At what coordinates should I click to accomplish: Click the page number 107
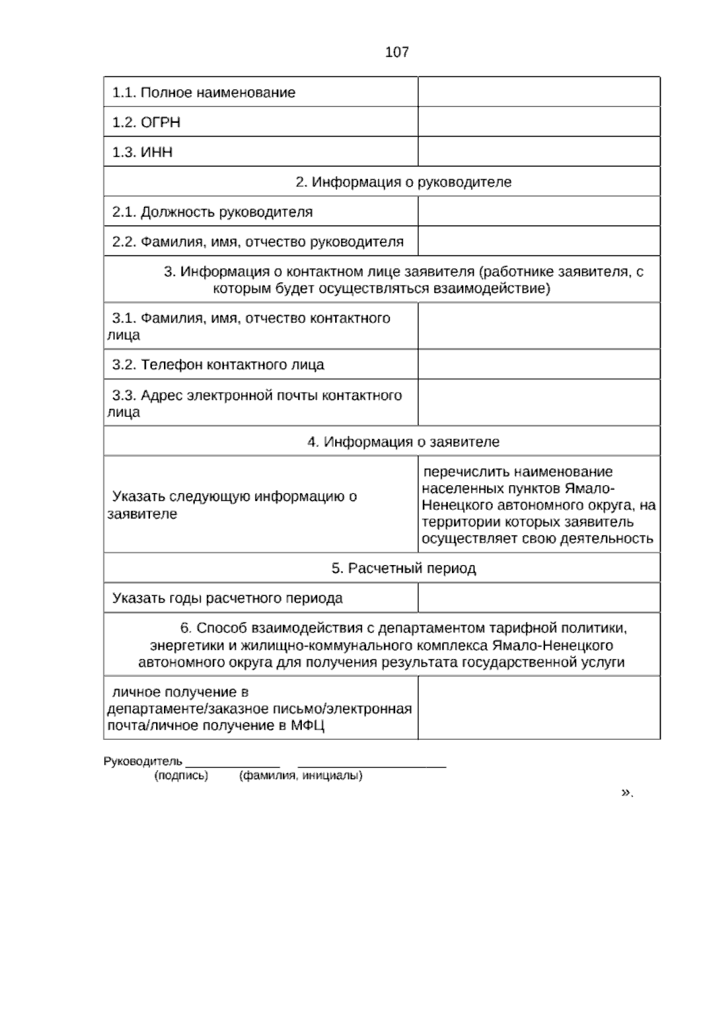tap(397, 53)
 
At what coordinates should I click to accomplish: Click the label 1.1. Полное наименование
tap(204, 93)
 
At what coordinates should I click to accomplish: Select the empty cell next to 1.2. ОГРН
tap(538, 122)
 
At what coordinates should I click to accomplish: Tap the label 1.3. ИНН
tap(142, 152)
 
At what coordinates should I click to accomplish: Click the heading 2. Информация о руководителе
tap(404, 182)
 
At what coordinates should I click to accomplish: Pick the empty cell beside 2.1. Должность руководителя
tap(538, 212)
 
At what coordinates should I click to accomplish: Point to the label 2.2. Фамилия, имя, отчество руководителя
tap(258, 242)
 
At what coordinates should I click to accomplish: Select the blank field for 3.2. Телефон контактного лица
tap(538, 365)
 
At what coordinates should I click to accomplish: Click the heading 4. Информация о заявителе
tap(404, 442)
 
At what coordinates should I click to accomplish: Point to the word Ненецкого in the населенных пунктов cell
tap(450, 505)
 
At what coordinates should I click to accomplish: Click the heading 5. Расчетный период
tap(404, 569)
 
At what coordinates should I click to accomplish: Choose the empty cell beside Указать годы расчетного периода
tap(538, 598)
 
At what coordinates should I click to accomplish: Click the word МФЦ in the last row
tap(307, 726)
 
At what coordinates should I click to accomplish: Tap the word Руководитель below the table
tap(143, 762)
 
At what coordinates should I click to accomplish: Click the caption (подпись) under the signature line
tap(181, 776)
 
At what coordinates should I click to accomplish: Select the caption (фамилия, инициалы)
tap(301, 776)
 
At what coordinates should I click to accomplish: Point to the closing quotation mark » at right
tap(625, 792)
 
